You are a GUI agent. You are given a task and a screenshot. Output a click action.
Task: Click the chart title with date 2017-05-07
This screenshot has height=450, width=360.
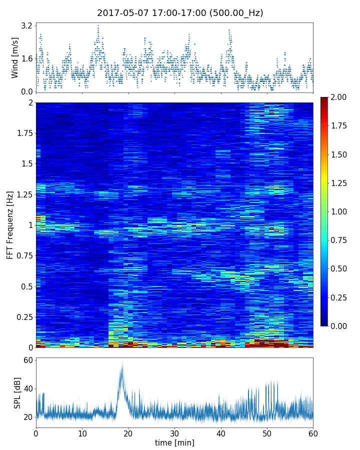[180, 13]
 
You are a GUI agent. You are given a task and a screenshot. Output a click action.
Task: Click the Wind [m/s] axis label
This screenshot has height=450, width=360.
[15, 57]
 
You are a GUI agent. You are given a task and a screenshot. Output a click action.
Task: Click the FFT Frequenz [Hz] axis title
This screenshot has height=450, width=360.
[10, 225]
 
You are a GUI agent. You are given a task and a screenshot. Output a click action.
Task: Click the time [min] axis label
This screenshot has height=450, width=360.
[174, 442]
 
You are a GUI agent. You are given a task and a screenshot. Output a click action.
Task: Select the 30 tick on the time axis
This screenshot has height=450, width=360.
[174, 433]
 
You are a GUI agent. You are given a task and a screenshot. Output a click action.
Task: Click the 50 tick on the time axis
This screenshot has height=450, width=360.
[267, 433]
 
